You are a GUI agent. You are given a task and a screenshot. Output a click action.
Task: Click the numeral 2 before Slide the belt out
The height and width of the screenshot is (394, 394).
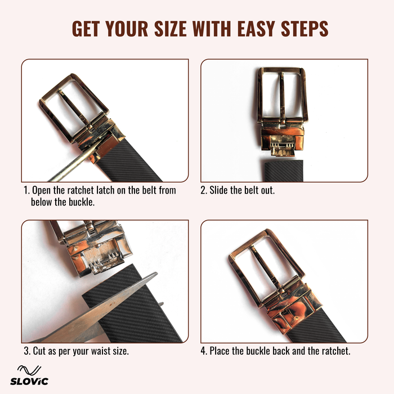point(203,190)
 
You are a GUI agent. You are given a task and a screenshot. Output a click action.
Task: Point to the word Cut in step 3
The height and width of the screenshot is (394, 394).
point(40,351)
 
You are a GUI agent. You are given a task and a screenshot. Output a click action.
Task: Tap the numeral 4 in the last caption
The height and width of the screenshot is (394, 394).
point(203,351)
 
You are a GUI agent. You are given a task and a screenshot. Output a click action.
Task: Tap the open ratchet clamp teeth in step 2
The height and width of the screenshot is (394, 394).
point(282,149)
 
